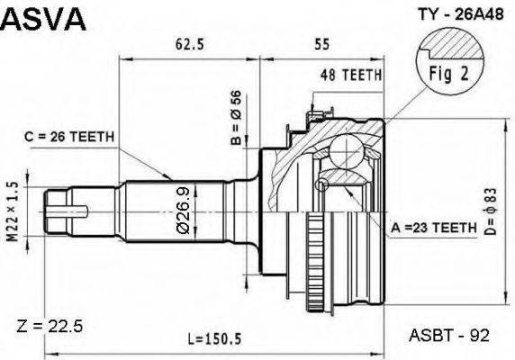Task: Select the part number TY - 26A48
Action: click(434, 14)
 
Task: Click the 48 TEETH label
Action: click(352, 76)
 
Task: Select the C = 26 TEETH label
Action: click(69, 137)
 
